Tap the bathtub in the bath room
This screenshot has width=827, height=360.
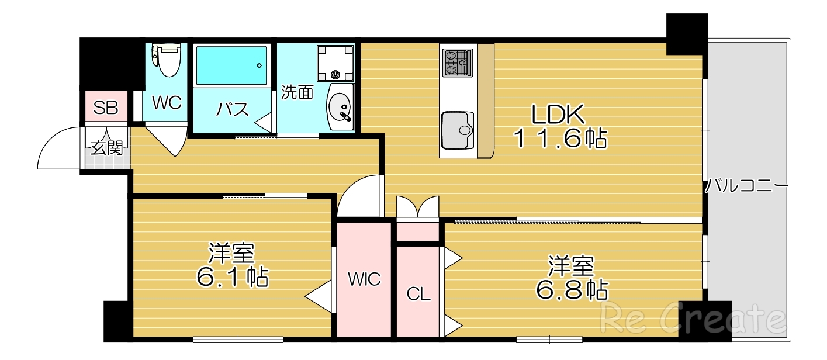point(231,65)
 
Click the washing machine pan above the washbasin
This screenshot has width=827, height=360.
point(335,63)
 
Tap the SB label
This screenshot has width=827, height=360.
point(106,108)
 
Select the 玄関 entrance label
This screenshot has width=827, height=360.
point(106,147)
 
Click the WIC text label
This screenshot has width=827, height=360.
point(364,279)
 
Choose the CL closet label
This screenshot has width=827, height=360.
point(418,294)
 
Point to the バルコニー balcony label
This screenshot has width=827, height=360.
point(746,186)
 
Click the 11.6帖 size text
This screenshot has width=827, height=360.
point(560,139)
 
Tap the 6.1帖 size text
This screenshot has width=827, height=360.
point(232,276)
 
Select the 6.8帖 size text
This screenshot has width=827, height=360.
point(571,289)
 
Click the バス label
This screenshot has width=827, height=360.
point(233,109)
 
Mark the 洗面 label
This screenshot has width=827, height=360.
point(297,92)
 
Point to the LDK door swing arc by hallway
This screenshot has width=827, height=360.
point(358,196)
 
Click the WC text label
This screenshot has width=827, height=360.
point(167,102)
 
